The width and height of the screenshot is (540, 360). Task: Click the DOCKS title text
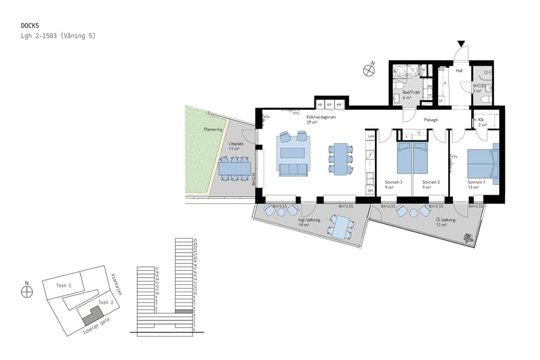point(29,26)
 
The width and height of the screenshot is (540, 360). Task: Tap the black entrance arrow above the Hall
point(461,44)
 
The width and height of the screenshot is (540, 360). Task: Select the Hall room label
point(459,71)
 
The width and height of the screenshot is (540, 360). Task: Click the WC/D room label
point(479,86)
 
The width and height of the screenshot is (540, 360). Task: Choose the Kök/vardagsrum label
point(320,118)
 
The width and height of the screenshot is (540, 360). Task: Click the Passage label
point(430,119)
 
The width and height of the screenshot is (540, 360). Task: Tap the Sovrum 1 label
point(476,182)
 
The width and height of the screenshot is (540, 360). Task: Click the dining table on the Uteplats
point(234,169)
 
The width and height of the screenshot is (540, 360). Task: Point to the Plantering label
point(212,129)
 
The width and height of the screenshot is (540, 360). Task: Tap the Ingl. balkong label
point(310,220)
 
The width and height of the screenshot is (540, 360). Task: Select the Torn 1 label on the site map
point(63,286)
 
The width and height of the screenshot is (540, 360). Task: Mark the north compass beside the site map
point(26,292)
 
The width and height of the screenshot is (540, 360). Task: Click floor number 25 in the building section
point(195,240)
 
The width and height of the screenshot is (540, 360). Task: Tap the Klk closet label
point(482,119)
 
